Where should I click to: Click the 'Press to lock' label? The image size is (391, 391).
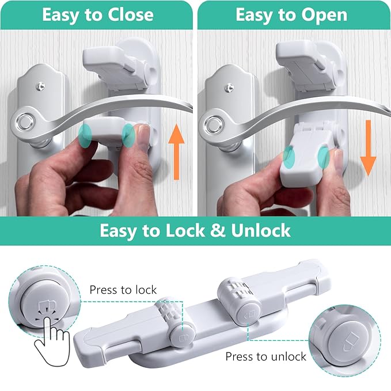click(x=123, y=290)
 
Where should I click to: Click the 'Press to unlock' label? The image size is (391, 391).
click(x=265, y=356)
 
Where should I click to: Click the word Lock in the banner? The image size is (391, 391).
click(x=185, y=231)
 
